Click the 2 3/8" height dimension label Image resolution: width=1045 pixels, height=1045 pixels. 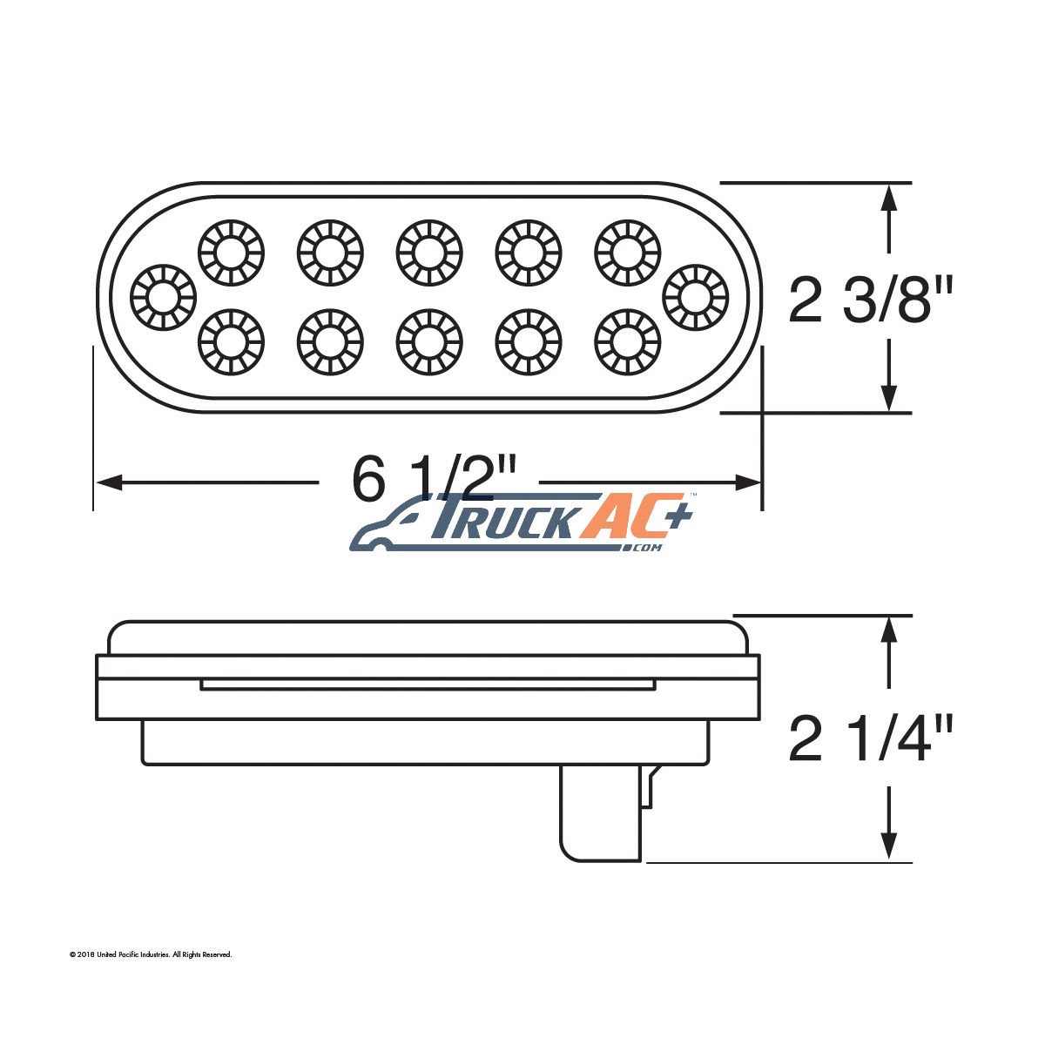click(x=870, y=300)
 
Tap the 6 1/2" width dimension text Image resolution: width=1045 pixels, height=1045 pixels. click(x=433, y=478)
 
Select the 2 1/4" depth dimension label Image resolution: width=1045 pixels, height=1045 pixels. click(x=870, y=738)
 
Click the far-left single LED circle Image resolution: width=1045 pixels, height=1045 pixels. click(x=163, y=297)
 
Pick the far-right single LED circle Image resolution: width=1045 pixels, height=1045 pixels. click(x=695, y=297)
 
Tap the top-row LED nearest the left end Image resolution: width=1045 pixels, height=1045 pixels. click(x=231, y=253)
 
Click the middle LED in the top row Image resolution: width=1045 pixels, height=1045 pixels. click(x=429, y=253)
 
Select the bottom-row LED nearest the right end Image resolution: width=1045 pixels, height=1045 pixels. click(x=628, y=342)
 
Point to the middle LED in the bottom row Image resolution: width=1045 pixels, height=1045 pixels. click(x=429, y=342)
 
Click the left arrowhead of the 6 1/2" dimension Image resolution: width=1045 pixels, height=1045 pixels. click(x=109, y=482)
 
